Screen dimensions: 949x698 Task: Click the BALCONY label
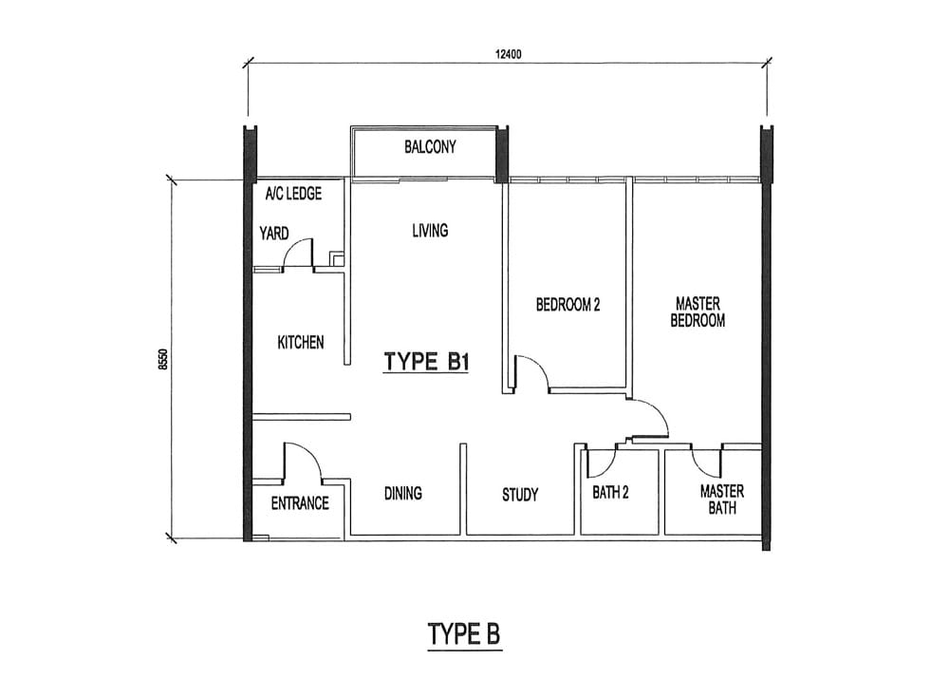click(x=430, y=146)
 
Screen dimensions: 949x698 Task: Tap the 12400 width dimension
click(x=509, y=54)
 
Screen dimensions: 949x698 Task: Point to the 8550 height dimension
click(x=161, y=359)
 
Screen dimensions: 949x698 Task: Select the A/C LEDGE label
click(x=293, y=194)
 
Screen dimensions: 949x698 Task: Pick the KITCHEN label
click(x=301, y=342)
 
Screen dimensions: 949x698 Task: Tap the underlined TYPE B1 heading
click(x=427, y=363)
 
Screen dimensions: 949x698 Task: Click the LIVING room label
click(x=430, y=230)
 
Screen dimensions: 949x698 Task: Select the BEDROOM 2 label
click(x=568, y=304)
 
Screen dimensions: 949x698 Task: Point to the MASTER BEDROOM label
click(x=698, y=311)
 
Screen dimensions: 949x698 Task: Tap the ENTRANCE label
click(x=300, y=503)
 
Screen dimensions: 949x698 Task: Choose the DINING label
click(x=403, y=493)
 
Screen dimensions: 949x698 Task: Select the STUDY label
click(x=520, y=495)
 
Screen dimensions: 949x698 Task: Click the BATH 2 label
click(x=610, y=493)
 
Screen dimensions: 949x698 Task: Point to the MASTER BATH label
click(x=722, y=500)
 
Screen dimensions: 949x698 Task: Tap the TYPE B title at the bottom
click(x=464, y=634)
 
